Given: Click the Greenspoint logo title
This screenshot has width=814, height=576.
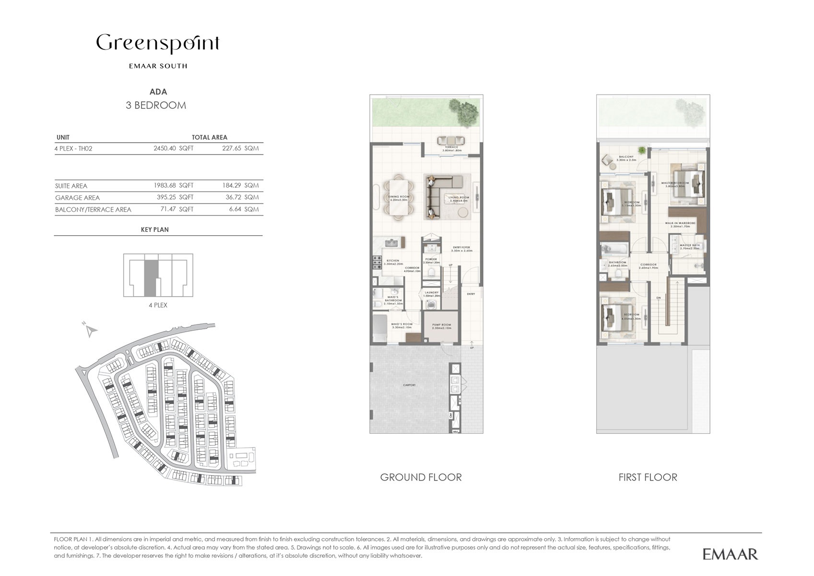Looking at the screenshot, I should (x=158, y=44).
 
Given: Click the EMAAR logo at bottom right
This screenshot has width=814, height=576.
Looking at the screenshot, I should (x=730, y=554).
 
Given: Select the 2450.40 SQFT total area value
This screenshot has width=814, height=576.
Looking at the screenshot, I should (x=173, y=148).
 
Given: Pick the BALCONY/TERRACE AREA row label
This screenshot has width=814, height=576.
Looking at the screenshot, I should (x=93, y=210).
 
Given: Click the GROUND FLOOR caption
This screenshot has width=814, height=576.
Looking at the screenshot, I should (x=421, y=477).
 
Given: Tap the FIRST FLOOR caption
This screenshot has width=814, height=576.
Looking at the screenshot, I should (x=648, y=477).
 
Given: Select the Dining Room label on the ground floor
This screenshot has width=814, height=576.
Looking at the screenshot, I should (x=399, y=198).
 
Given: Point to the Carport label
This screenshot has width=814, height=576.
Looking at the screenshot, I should (x=409, y=385).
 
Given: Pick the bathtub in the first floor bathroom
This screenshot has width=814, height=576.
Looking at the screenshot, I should (x=613, y=249).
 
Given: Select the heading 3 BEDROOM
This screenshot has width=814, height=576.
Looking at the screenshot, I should (x=156, y=106).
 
